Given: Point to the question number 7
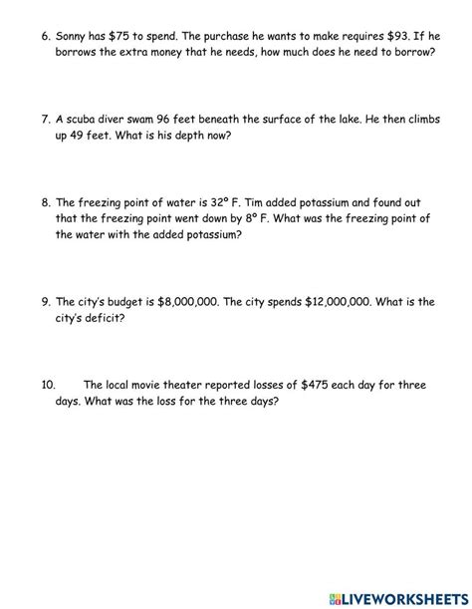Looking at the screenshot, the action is click(47, 118).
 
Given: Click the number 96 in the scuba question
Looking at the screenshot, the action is click(188, 118).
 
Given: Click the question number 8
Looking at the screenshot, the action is click(47, 202).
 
